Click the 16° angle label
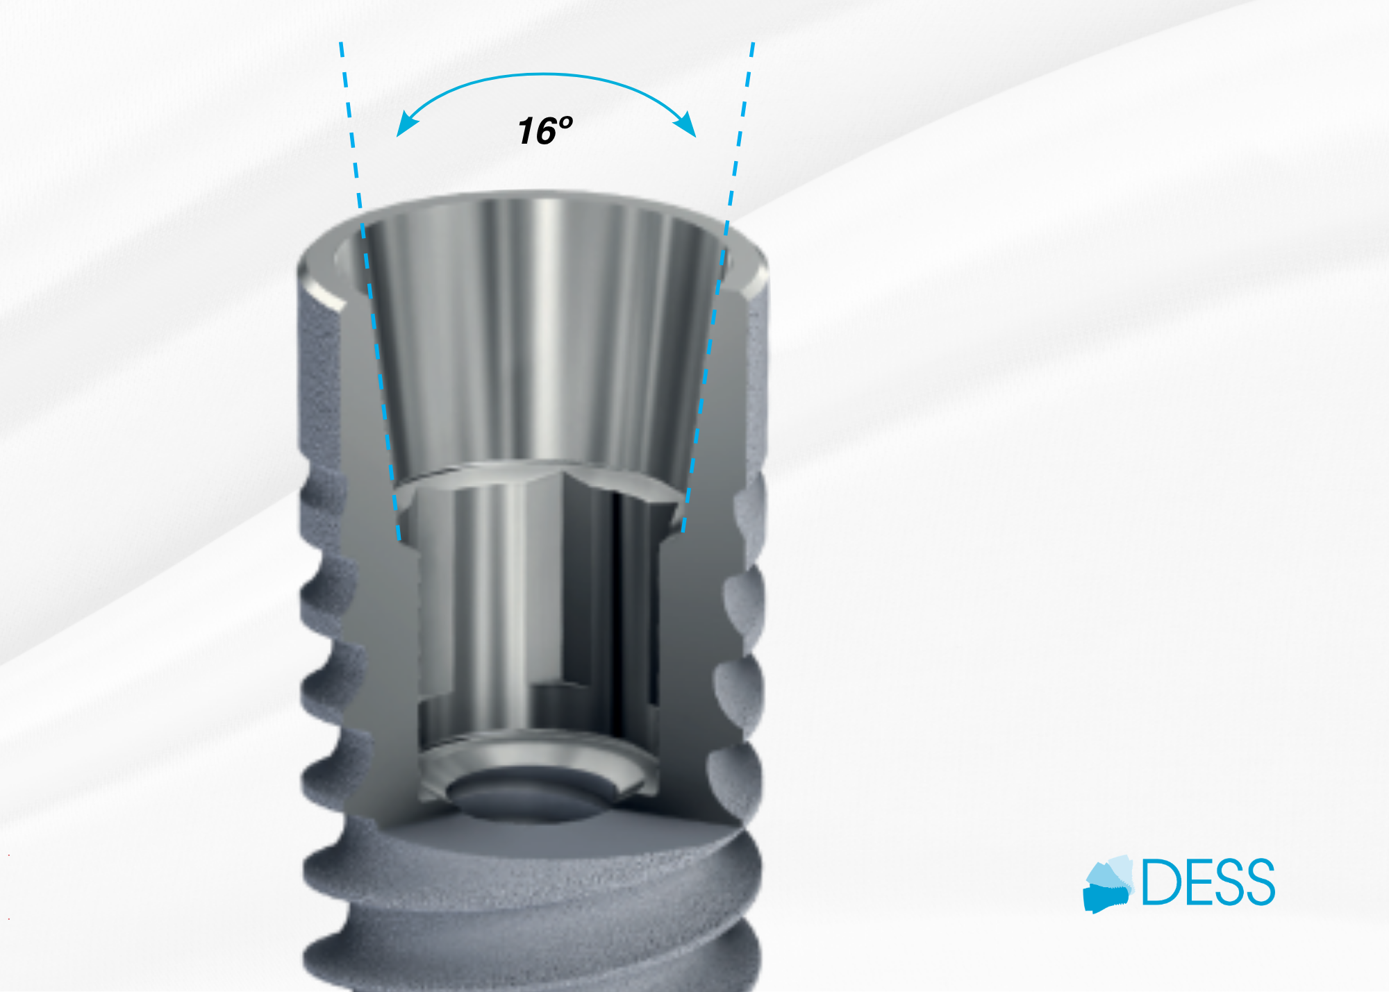click(x=545, y=131)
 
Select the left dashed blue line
click(x=370, y=292)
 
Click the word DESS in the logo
click(x=1208, y=882)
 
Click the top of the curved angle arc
click(x=547, y=74)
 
